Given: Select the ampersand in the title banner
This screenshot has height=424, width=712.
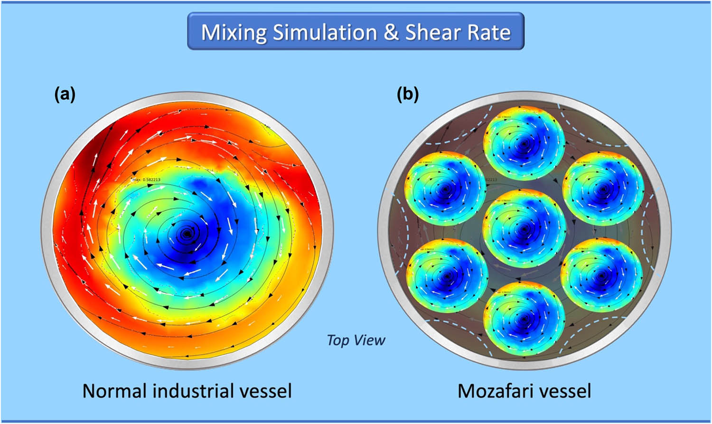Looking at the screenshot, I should click(x=391, y=32).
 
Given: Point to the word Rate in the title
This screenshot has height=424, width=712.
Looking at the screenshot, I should click(x=489, y=32).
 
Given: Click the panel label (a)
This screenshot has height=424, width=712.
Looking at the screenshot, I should click(x=65, y=95).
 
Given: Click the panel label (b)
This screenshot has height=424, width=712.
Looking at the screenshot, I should click(x=408, y=95).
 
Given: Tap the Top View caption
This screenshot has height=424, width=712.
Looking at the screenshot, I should click(x=356, y=340).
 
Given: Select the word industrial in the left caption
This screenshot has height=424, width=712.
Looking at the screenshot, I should click(x=193, y=391).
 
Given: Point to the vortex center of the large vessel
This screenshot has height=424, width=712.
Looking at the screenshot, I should click(x=187, y=233).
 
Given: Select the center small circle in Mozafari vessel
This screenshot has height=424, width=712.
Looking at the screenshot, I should click(x=524, y=228).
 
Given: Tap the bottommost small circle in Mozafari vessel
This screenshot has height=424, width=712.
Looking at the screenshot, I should click(x=524, y=316).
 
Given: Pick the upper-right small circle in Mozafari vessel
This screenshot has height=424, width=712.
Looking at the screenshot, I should click(x=603, y=188).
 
